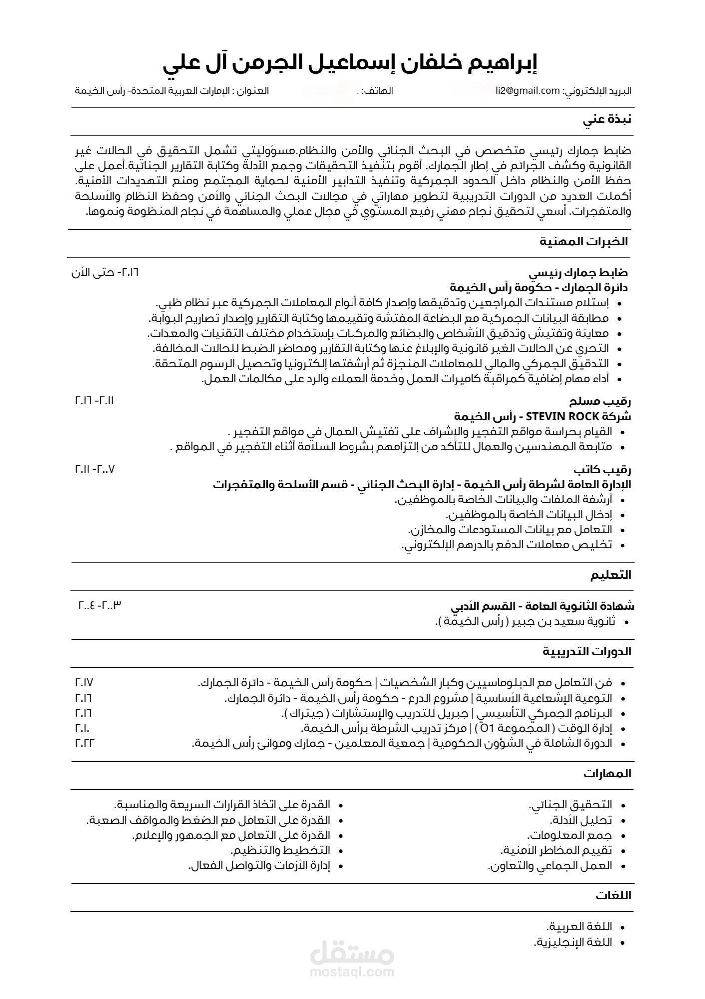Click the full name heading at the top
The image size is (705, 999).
(x=350, y=64)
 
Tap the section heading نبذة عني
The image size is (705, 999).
(x=607, y=120)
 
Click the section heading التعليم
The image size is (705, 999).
(x=611, y=575)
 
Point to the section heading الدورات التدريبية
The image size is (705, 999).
(x=587, y=652)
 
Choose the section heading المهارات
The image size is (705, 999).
(x=607, y=774)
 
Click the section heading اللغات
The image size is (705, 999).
(x=613, y=896)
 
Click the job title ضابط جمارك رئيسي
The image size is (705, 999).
(x=578, y=273)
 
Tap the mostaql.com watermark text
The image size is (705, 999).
(x=352, y=972)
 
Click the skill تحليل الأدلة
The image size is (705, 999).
(x=581, y=820)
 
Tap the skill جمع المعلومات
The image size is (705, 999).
(x=570, y=835)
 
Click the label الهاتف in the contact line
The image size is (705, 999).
(x=378, y=91)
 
